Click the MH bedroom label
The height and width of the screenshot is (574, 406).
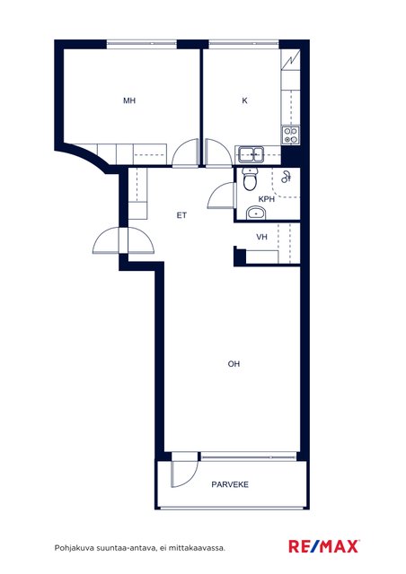coord(129,100)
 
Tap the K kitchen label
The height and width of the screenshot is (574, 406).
coord(244,100)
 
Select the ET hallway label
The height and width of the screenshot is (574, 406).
coord(181,215)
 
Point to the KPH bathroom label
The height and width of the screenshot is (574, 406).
coord(267,199)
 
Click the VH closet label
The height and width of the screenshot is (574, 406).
coord(262,237)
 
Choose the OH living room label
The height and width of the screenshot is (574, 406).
coord(234,364)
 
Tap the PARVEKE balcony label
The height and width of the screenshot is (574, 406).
coord(230,484)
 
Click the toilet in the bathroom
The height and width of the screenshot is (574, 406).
coord(251,179)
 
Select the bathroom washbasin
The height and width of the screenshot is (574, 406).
coord(256,213)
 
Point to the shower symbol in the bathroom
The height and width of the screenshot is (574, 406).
coord(286,177)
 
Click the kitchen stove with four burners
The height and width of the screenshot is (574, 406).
coord(290,135)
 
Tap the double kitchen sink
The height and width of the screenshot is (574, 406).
coord(251,154)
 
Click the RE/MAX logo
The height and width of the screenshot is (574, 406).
coord(324,546)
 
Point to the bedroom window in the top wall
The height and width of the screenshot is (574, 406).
coord(142,44)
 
